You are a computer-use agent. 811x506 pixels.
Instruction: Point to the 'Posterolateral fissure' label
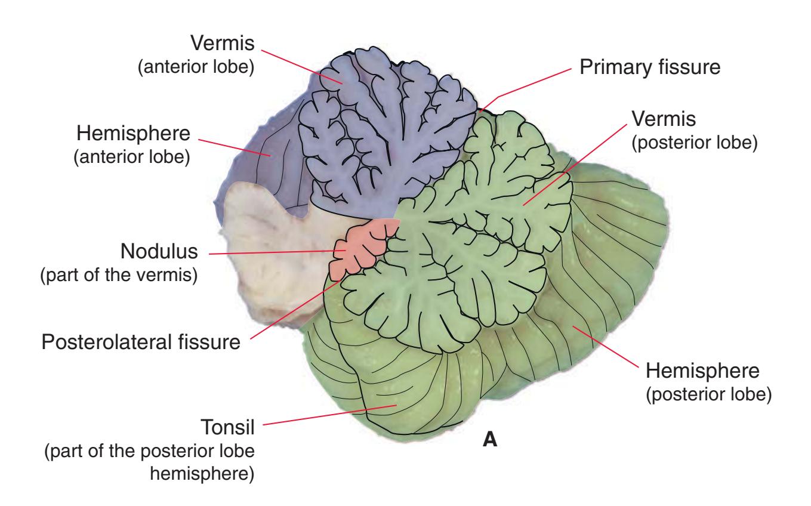141,343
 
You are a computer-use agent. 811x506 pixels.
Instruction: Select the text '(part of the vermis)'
118,276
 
